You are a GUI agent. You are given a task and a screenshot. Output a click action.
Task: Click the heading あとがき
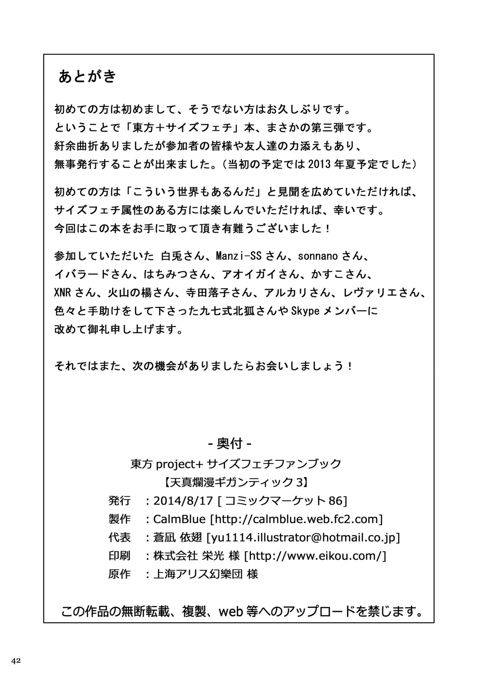(x=87, y=76)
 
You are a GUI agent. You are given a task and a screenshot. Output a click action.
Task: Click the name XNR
(x=64, y=293)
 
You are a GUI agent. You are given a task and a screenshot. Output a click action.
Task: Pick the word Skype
(x=305, y=311)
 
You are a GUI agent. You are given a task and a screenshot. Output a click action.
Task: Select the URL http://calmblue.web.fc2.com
(x=296, y=519)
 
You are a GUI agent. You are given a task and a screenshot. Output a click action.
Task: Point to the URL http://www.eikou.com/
(x=315, y=556)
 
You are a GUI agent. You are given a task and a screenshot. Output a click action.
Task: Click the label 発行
(x=119, y=501)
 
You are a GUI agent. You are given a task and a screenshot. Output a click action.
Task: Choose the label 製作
(x=119, y=519)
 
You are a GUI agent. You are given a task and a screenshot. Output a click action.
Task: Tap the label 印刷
(x=119, y=556)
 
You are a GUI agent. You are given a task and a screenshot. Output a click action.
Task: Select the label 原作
(x=119, y=574)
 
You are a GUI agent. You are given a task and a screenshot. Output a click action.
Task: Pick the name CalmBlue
(x=179, y=519)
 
